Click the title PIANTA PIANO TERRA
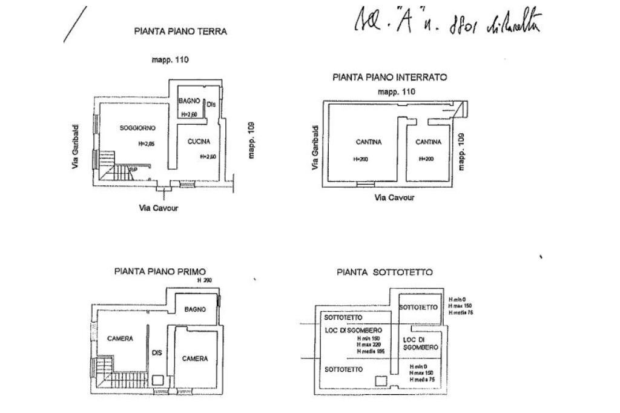coord(180,31)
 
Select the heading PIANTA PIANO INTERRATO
coord(389,78)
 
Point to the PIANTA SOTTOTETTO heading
coord(384,273)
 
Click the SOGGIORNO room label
coord(137,128)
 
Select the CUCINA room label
coord(199,142)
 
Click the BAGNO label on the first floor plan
coord(195,309)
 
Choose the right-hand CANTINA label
coord(428,142)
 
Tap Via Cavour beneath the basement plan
coord(394,198)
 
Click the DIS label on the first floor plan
coord(157,352)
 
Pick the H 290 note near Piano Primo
coord(205,281)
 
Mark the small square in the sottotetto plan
coord(381,380)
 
